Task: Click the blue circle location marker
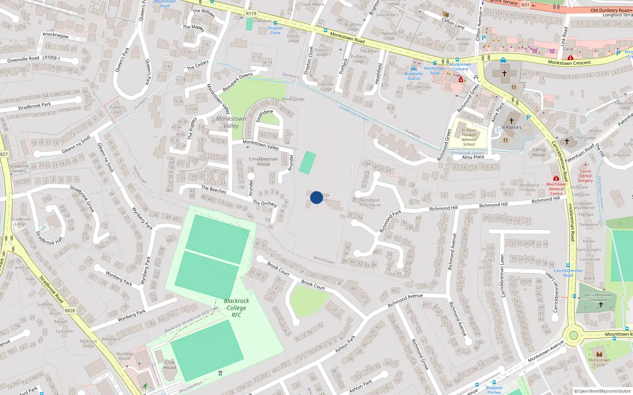[x=316, y=197]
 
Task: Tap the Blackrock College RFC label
[x=236, y=308]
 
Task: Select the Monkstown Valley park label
[x=231, y=122]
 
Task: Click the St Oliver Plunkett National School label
[x=469, y=137]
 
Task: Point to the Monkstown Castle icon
[x=599, y=354]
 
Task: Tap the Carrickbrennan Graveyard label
[x=598, y=297]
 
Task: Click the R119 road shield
[x=251, y=13]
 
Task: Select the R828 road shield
[x=70, y=310]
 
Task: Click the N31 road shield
[x=525, y=5]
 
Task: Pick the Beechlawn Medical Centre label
[x=556, y=189]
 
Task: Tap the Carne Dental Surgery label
[x=586, y=176]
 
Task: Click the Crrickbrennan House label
[x=263, y=161]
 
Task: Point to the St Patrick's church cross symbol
[x=511, y=121]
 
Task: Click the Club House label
[x=170, y=365]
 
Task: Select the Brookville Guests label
[x=414, y=76]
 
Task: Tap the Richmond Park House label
[x=370, y=203]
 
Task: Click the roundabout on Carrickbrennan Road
[x=573, y=336]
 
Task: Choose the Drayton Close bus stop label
[x=275, y=30]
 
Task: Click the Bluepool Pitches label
[x=494, y=390]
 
